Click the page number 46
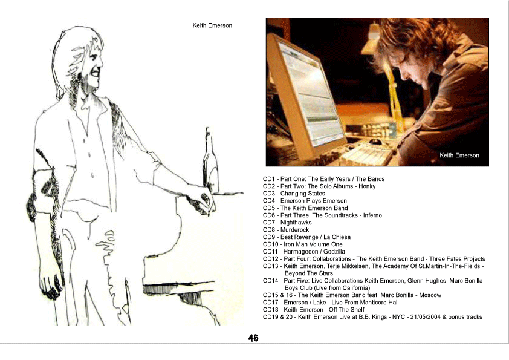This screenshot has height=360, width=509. coord(253,338)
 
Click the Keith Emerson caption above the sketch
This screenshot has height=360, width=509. coord(212,25)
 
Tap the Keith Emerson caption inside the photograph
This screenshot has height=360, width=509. coord(459,155)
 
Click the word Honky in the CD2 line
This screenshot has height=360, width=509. coord(367,186)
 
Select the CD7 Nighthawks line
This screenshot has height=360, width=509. coord(287,223)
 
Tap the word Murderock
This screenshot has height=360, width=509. coord(295,230)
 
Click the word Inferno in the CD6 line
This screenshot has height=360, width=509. coord(372,215)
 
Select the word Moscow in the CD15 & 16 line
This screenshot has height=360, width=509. coord(430,295)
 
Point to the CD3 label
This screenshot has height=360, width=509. coord(269,194)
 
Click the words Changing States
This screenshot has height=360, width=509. coord(303,194)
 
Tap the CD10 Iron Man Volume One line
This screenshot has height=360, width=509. coord(302,244)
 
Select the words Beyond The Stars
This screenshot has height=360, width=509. coord(309,273)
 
